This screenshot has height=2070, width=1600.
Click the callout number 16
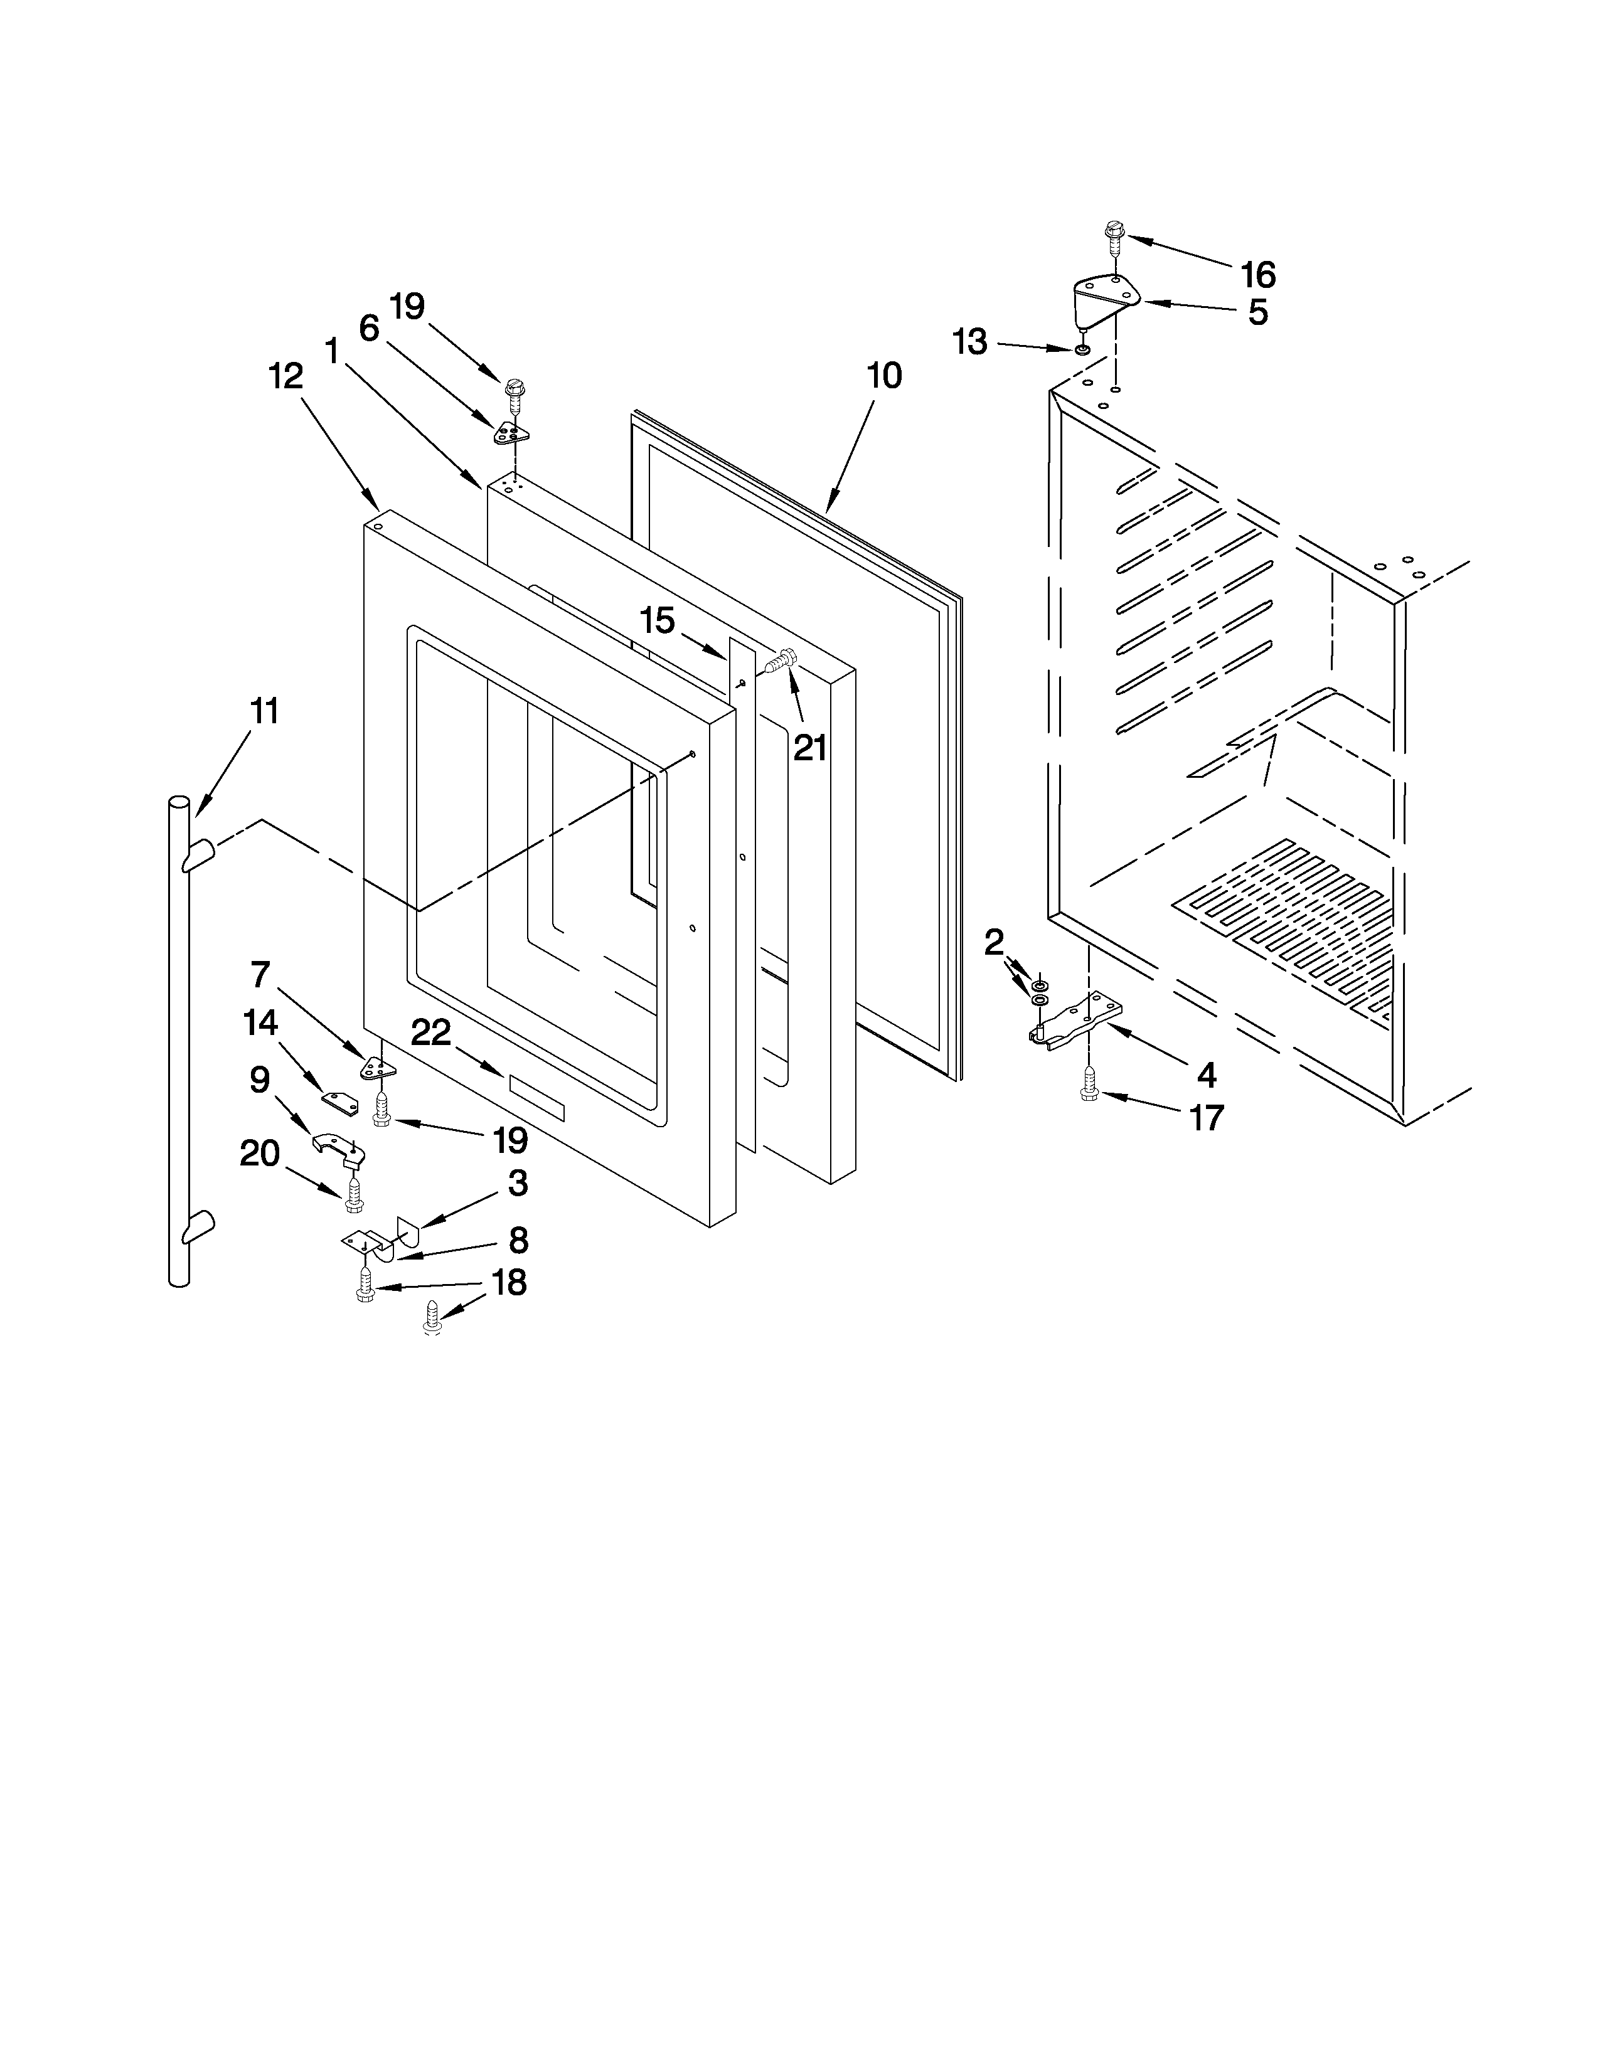tap(1258, 275)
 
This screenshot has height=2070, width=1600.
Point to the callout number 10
tap(883, 376)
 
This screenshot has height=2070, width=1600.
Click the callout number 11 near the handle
tap(264, 711)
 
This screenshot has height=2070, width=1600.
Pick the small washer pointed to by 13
tap(1082, 351)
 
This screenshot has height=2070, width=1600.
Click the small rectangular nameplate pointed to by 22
tap(536, 1098)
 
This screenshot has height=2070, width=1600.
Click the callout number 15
tap(657, 622)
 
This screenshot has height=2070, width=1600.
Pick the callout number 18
tap(509, 1282)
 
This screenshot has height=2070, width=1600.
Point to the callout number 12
tap(285, 376)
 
